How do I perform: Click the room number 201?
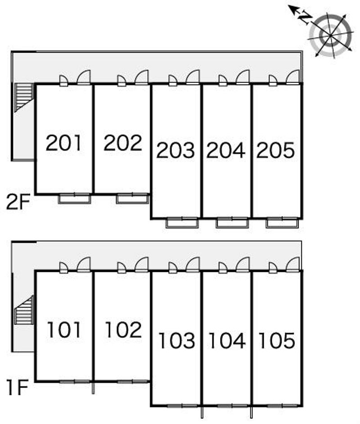coord(63,143)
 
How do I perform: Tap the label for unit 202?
coord(123,143)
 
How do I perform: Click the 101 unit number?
coord(64,330)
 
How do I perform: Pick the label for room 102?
coord(123,330)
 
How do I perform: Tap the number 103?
coord(177,340)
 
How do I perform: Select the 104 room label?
coord(227,340)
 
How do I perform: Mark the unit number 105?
coord(277,340)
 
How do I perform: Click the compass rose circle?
coord(331,36)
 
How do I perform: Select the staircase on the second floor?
coord(24,97)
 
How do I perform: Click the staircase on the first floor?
coord(24,310)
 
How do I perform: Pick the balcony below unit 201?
coord(74,199)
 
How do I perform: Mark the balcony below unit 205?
coord(282,223)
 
